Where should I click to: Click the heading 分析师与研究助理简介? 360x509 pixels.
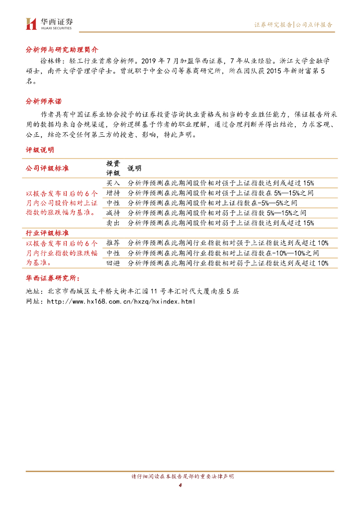tap(62, 50)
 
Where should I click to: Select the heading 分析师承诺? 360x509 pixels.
tap(44, 101)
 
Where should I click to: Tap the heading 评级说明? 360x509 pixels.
tap(40, 150)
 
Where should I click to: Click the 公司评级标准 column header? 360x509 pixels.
tap(47, 168)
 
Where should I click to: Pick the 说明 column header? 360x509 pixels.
tap(134, 169)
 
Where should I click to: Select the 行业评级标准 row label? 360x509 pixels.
tap(47, 233)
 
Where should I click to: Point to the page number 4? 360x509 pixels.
tap(180, 485)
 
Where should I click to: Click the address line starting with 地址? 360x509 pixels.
tap(132, 291)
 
